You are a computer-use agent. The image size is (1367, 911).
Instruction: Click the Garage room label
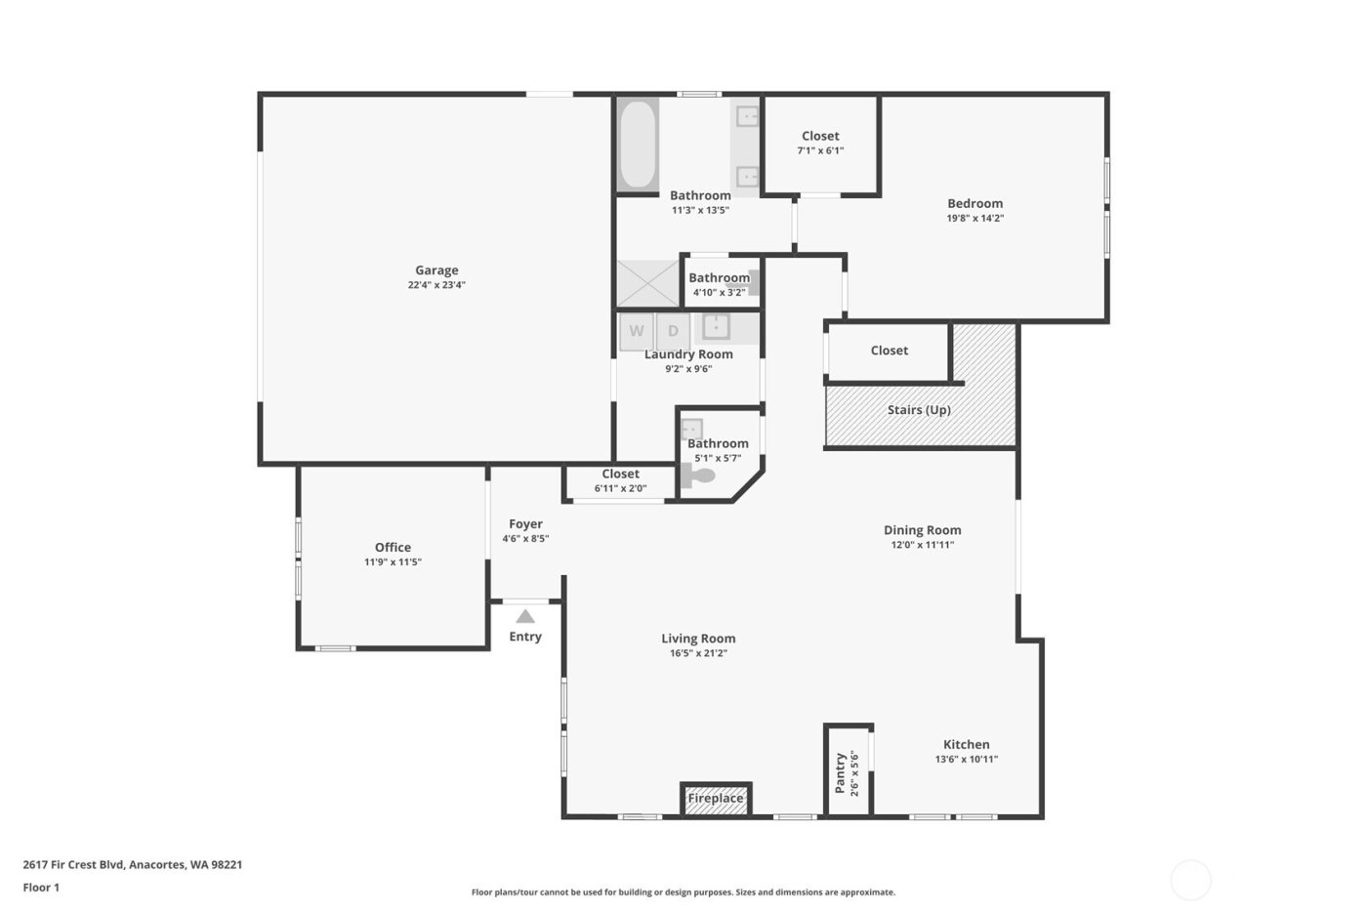[436, 270]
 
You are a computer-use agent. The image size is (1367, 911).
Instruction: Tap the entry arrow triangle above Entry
[525, 616]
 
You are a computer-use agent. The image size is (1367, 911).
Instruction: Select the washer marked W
[637, 331]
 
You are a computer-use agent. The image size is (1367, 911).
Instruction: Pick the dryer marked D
[673, 331]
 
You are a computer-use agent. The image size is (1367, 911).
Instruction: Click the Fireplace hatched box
[716, 798]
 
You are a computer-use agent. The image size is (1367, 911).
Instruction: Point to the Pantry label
[840, 772]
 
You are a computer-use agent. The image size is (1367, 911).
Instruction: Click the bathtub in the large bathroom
[638, 145]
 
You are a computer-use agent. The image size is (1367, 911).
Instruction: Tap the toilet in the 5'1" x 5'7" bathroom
[699, 477]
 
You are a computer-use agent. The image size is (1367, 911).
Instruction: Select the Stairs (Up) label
[919, 410]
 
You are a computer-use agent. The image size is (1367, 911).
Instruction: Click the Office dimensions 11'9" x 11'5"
[393, 562]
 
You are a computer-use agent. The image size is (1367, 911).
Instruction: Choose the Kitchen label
[966, 744]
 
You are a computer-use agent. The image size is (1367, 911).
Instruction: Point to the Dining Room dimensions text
[922, 545]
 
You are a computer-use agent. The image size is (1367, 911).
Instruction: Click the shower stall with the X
[647, 283]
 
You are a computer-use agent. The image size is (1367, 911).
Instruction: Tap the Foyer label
[525, 524]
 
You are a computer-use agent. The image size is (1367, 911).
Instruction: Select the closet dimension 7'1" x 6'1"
[820, 151]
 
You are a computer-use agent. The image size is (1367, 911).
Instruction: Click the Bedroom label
[974, 203]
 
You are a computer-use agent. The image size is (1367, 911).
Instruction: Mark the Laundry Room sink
[716, 326]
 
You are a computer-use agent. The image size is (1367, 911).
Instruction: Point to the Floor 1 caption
[41, 888]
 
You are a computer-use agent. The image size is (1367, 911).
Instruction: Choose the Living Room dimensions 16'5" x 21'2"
[698, 653]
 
